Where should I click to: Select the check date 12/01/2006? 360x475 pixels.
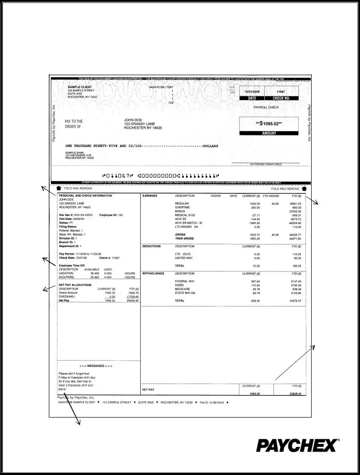252,91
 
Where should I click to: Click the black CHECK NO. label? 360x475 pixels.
281,98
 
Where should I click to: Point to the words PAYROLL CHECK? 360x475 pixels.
266,107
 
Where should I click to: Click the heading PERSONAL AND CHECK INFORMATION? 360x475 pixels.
85,196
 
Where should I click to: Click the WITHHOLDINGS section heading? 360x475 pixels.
153,273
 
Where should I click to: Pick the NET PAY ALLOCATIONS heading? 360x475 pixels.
76,284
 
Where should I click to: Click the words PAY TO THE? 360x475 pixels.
74,122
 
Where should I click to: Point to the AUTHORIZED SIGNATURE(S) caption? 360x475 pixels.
266,164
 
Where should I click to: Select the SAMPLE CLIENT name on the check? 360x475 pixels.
79,87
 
